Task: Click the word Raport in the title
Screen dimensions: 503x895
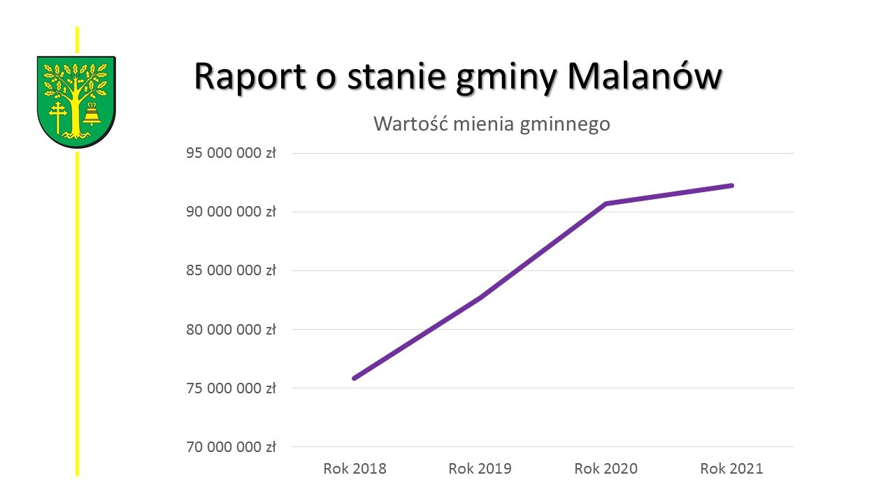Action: (250, 76)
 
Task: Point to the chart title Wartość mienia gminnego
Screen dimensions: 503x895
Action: (492, 124)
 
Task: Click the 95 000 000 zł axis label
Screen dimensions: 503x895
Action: (231, 153)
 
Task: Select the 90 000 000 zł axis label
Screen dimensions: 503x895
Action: (231, 212)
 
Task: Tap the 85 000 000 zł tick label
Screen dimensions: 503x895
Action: (231, 270)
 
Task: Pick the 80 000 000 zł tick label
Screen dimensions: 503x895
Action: (231, 329)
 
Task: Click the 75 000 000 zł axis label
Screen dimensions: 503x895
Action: (231, 388)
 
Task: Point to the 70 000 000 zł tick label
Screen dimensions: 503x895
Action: (231, 446)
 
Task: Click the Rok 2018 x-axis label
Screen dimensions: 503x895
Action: (355, 468)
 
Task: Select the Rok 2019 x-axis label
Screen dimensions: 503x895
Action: (480, 468)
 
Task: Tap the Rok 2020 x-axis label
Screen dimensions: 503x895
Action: (606, 468)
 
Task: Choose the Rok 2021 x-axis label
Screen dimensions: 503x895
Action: (732, 468)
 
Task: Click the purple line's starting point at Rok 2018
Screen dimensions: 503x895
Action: (355, 378)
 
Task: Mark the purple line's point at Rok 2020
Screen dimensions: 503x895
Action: (606, 203)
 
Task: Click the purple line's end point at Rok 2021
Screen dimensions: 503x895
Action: (732, 185)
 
